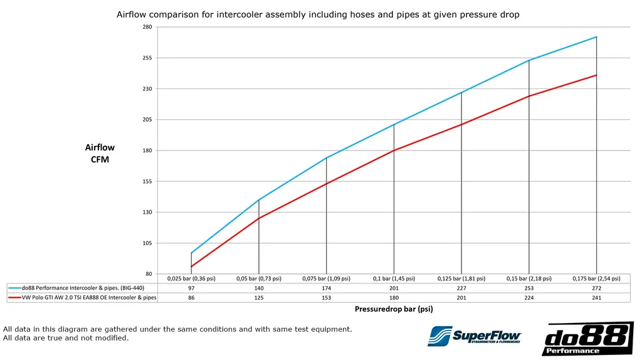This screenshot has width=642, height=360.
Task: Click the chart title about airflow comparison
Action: [x=318, y=14]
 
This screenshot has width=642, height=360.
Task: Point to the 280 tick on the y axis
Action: [x=147, y=27]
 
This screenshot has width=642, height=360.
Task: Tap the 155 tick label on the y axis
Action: [x=147, y=181]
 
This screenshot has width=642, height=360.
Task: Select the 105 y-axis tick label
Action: [x=147, y=243]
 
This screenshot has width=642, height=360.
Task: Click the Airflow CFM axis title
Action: [x=100, y=153]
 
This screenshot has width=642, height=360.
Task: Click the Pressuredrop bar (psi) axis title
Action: [x=394, y=309]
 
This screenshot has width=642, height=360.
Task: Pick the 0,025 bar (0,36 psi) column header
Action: [x=191, y=278]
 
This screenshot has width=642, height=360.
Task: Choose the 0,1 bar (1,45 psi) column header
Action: [x=394, y=278]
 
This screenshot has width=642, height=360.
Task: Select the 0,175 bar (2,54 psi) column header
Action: [x=596, y=278]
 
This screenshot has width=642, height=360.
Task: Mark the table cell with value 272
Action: [x=596, y=288]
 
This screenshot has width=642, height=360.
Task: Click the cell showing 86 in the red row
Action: [x=191, y=298]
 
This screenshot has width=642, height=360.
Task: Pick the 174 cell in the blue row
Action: [x=326, y=288]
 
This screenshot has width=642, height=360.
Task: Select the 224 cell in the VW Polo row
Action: [x=529, y=298]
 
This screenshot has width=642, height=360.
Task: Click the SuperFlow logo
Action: [x=474, y=336]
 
